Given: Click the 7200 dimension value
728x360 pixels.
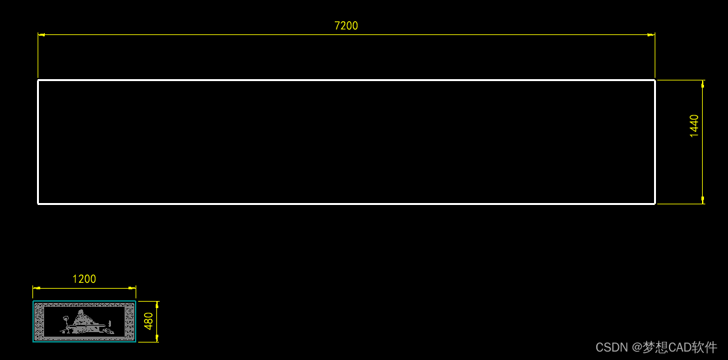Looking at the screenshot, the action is point(346,26).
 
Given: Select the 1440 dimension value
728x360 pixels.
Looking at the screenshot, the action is point(694,126).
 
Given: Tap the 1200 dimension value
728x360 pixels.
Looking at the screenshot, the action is point(84,279).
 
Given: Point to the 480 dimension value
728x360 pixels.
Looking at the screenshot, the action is point(149,321).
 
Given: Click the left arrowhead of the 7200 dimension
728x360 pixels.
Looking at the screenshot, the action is point(41,34).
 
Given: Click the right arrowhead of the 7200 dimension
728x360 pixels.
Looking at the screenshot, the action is point(651,34).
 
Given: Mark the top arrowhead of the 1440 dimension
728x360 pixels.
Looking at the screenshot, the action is point(703,84).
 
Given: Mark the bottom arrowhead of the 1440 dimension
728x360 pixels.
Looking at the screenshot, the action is point(703,200).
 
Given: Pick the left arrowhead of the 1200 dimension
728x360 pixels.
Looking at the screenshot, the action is point(36,287).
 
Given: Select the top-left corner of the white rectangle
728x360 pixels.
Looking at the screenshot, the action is point(38,80).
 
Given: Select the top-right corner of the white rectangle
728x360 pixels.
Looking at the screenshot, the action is point(655,80).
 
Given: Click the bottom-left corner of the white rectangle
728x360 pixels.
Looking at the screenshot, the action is point(38,204).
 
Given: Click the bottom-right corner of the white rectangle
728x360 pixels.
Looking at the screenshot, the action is point(655,204).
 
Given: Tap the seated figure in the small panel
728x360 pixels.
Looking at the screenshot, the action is point(82,321).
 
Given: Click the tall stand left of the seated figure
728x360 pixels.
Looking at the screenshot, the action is point(66,322).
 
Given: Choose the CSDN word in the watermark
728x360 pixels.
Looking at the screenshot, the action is point(611,348).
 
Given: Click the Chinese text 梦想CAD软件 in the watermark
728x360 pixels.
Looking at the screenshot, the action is point(680,348).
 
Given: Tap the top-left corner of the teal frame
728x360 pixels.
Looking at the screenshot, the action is point(34,302).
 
